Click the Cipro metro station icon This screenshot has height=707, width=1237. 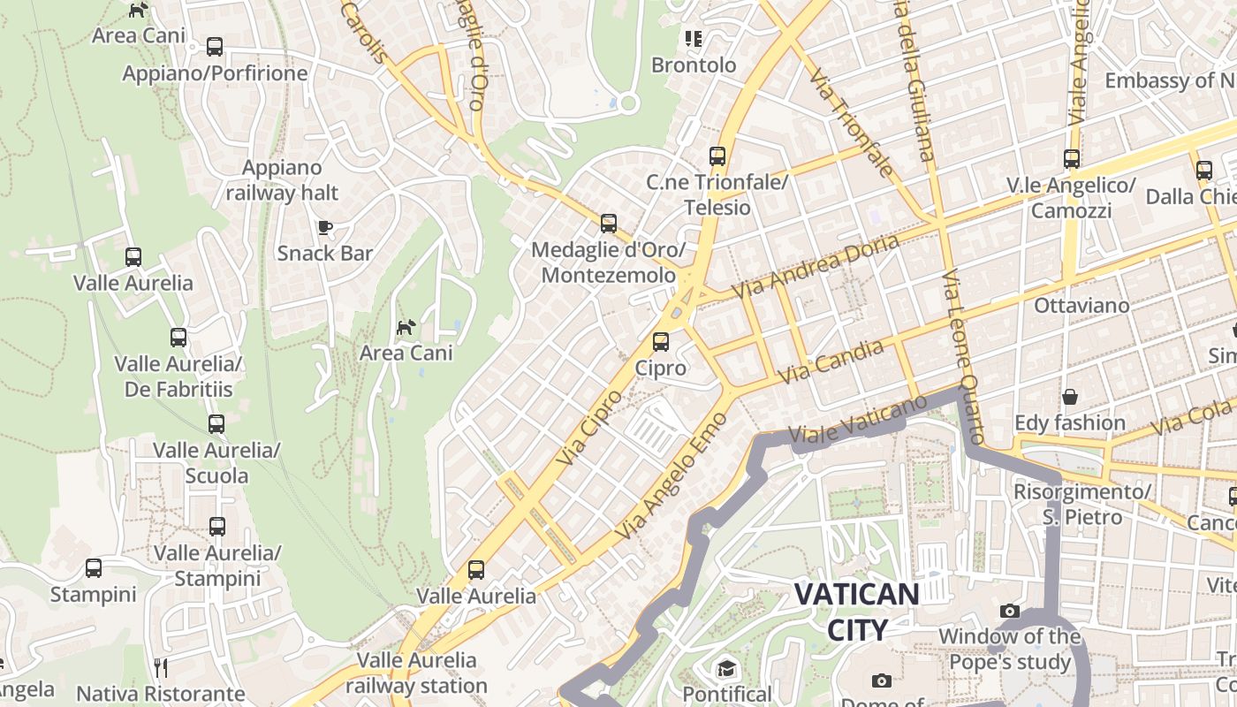(x=660, y=341)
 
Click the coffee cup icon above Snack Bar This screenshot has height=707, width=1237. (x=325, y=227)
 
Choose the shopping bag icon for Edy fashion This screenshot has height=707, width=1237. (x=1069, y=397)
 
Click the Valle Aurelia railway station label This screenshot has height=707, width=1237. (x=416, y=673)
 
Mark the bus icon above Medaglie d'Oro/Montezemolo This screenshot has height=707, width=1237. (x=608, y=223)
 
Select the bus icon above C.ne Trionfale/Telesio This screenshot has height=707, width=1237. (x=717, y=156)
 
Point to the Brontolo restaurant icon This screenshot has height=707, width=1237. (x=694, y=39)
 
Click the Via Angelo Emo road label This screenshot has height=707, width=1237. (x=672, y=476)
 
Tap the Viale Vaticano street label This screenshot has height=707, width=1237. (x=856, y=422)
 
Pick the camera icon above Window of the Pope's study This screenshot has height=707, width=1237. (x=1009, y=611)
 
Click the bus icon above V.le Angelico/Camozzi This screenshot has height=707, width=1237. (x=1071, y=159)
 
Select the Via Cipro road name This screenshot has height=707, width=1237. (x=590, y=428)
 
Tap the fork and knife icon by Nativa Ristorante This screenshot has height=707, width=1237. (x=160, y=667)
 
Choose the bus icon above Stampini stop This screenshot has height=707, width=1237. (x=93, y=568)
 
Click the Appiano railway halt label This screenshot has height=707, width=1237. (x=282, y=180)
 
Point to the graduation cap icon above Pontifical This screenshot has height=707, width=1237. (x=726, y=668)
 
